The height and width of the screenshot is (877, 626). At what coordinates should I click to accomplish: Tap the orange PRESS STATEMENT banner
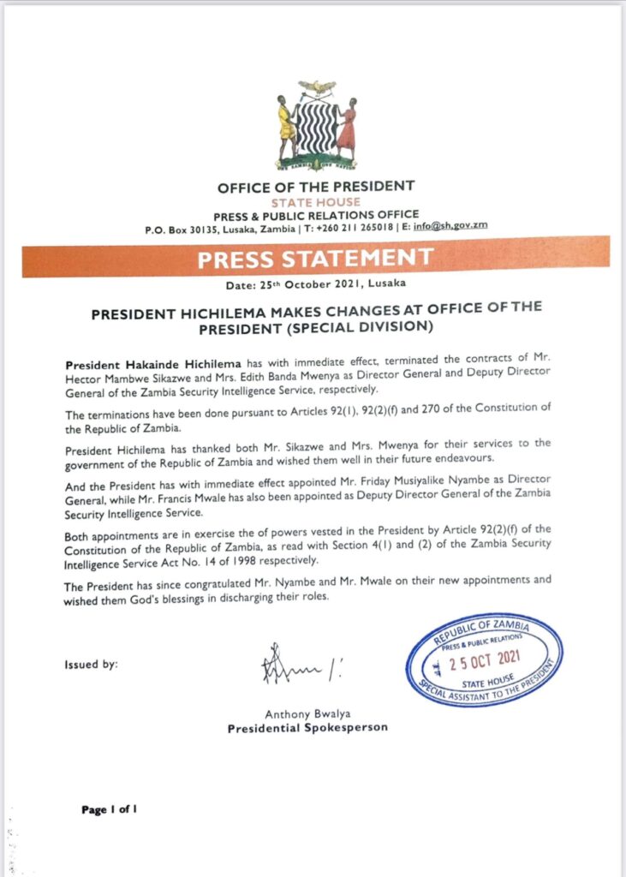(316, 257)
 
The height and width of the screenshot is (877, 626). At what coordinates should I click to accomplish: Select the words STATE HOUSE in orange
(315, 202)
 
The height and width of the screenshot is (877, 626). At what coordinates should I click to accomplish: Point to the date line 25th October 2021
(316, 283)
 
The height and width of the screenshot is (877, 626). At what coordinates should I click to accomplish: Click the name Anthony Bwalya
(307, 714)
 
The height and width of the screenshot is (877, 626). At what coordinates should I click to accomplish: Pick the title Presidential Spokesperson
(307, 728)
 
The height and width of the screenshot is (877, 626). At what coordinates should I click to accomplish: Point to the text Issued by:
(92, 665)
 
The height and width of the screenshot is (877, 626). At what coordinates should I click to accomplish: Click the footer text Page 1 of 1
(110, 808)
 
